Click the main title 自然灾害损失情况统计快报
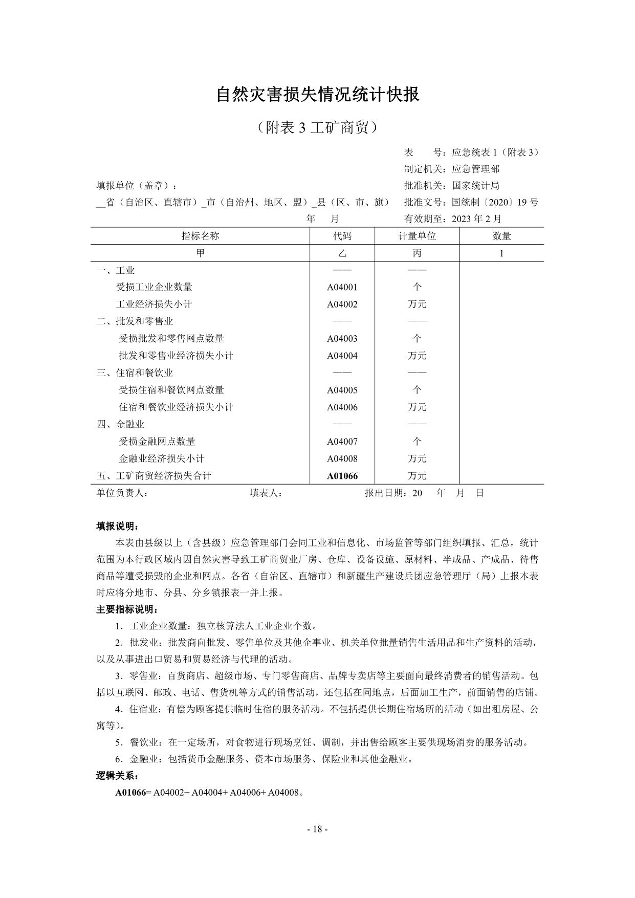[317, 94]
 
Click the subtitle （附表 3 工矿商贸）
[317, 127]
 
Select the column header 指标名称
[200, 236]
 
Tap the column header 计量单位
[417, 236]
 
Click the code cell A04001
[342, 287]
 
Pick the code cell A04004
[342, 356]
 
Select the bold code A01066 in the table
[342, 476]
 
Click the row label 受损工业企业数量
[154, 287]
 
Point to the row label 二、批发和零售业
[135, 321]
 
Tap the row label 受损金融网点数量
[157, 442]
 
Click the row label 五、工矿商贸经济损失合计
[154, 476]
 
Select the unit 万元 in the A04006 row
[417, 407]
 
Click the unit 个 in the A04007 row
[417, 442]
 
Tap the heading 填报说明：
[117, 527]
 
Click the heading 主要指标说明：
[127, 609]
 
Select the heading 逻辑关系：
[117, 776]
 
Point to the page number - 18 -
[317, 829]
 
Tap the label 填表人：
[266, 493]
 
